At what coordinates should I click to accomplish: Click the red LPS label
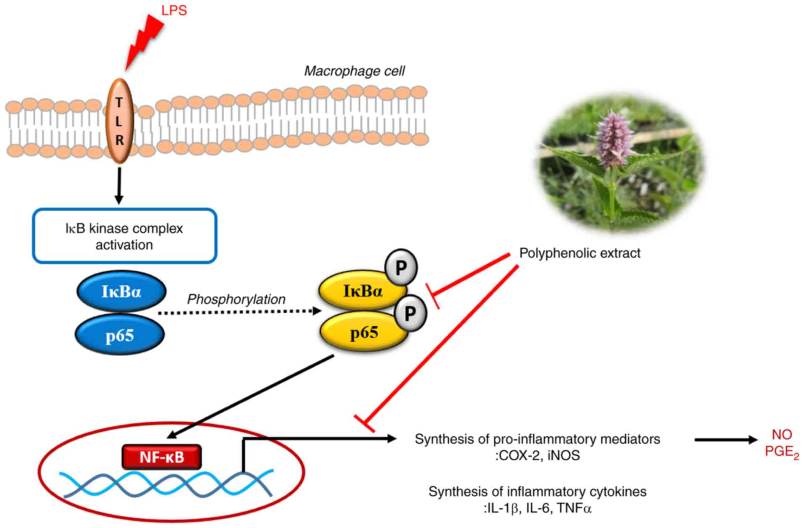click(x=174, y=11)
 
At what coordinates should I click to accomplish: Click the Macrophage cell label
click(x=354, y=71)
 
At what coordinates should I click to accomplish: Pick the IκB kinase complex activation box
click(x=125, y=236)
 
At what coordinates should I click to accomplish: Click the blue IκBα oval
click(x=121, y=291)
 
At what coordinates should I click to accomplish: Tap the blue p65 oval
click(x=120, y=335)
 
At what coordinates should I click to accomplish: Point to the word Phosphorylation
click(x=236, y=299)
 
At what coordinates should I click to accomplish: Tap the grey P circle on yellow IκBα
click(x=401, y=267)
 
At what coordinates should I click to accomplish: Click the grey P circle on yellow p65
click(x=410, y=313)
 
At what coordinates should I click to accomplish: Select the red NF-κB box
click(x=162, y=457)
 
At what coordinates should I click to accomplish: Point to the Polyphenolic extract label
click(x=580, y=253)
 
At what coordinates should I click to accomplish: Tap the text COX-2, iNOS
click(x=538, y=455)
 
